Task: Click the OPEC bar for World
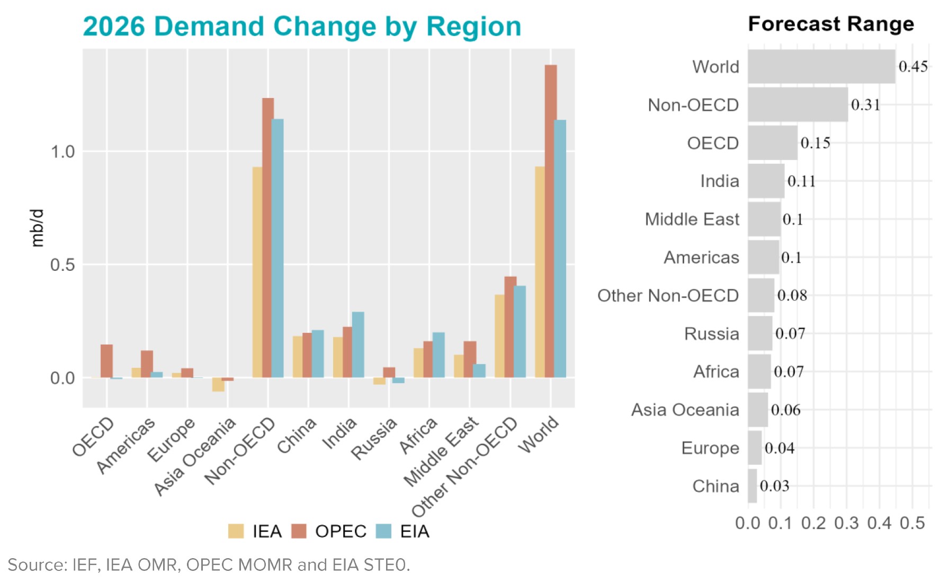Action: [551, 223]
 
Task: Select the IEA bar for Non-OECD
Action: [257, 273]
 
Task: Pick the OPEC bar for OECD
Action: [106, 361]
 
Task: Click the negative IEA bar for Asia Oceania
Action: [218, 384]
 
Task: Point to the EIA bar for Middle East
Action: [479, 371]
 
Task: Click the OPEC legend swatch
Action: [299, 531]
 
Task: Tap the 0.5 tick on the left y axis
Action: [62, 265]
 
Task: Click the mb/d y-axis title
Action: [37, 228]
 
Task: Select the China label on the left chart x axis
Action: [297, 436]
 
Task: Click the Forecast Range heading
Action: [830, 24]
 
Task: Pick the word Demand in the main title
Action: [211, 27]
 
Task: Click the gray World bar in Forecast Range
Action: [821, 67]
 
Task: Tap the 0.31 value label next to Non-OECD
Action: [865, 105]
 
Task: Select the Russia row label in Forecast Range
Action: [711, 334]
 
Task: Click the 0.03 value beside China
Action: [774, 486]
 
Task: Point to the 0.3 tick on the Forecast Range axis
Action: [846, 523]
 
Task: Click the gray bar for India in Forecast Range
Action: [766, 181]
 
